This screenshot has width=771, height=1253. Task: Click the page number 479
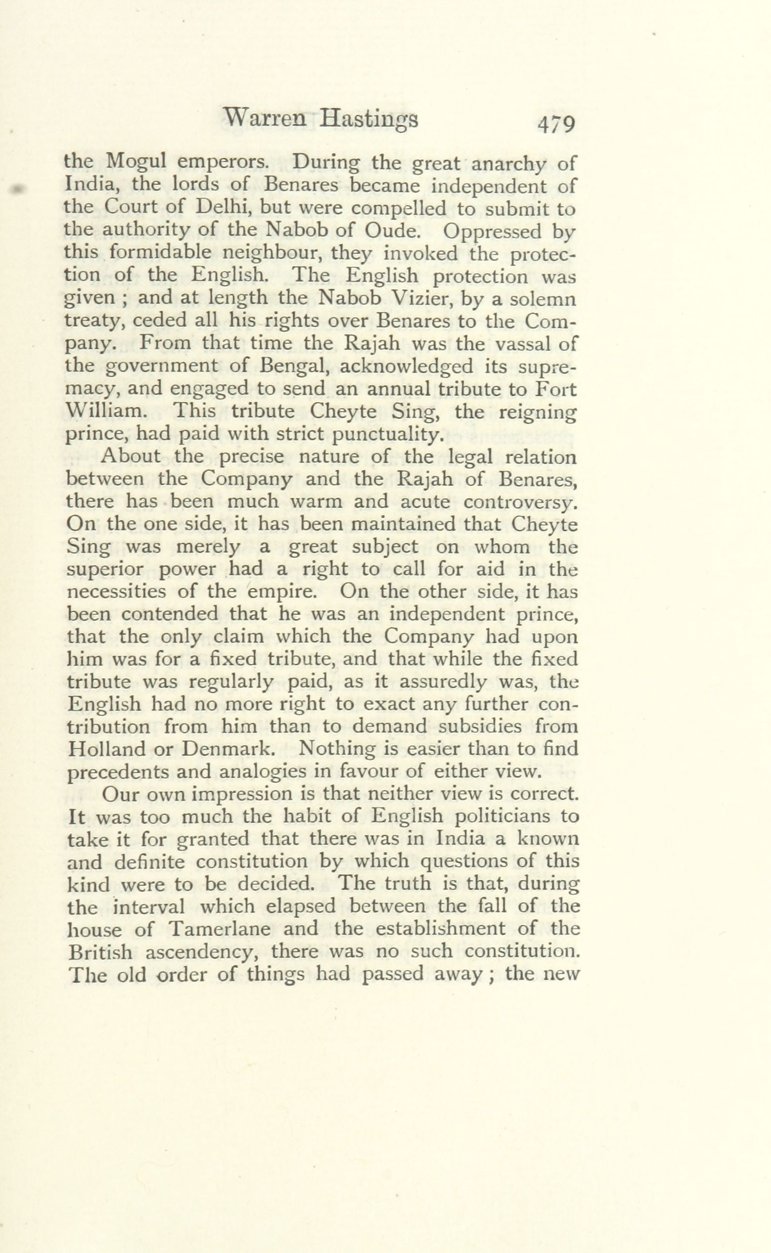pyautogui.click(x=556, y=125)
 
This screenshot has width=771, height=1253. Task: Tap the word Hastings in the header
pyautogui.click(x=369, y=121)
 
